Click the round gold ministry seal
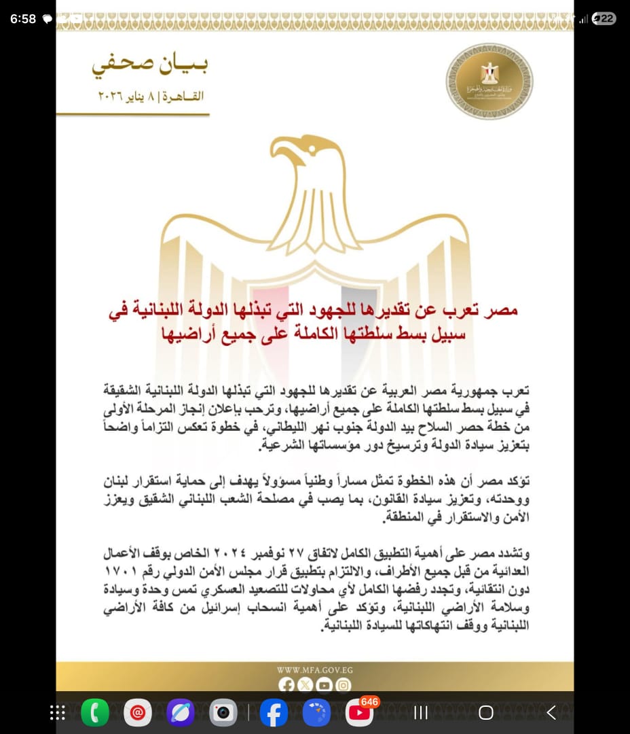489,82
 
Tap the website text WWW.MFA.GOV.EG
314,670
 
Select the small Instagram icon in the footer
344,685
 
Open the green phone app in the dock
95,712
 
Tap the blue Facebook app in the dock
274,712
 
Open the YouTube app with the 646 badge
359,712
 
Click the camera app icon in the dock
223,712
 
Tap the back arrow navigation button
551,712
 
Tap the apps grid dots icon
58,712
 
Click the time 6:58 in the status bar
23,19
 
